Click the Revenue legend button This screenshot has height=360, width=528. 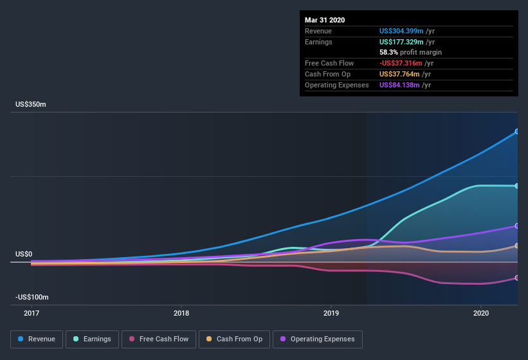click(x=37, y=339)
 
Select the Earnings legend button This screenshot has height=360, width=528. click(x=92, y=339)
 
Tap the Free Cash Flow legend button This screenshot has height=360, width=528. click(x=158, y=339)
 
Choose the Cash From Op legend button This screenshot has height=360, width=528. click(x=234, y=339)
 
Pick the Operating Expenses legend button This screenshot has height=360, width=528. click(x=318, y=339)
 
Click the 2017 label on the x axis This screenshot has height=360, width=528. click(x=32, y=313)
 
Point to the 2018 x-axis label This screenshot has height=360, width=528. click(x=181, y=313)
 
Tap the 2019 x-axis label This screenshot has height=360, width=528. click(x=331, y=313)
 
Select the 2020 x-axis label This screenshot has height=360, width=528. click(x=481, y=313)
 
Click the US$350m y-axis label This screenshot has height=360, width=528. click(x=31, y=104)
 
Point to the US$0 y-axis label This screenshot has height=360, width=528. click(x=24, y=254)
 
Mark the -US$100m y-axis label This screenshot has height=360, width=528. click(x=32, y=297)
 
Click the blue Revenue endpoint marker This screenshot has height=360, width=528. click(x=517, y=131)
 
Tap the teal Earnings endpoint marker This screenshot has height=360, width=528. click(x=517, y=186)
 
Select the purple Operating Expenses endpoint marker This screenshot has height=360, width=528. click(x=517, y=226)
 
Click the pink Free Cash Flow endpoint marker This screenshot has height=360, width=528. click(x=517, y=278)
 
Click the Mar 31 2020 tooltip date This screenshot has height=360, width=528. click(x=325, y=20)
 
